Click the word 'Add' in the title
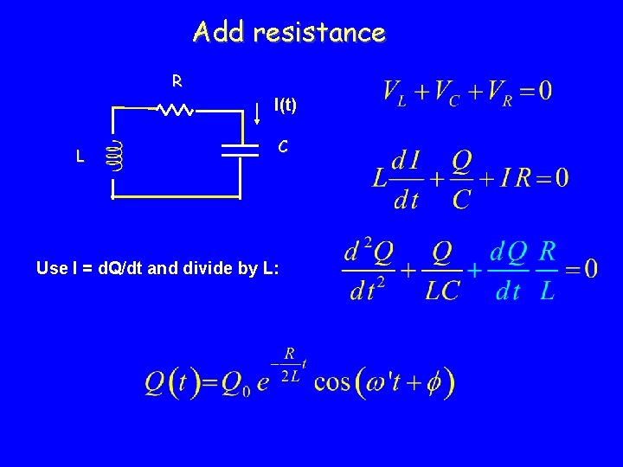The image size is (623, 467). (x=213, y=33)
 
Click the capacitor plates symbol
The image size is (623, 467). (x=240, y=150)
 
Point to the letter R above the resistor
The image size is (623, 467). (x=177, y=81)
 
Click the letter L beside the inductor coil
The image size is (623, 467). (x=80, y=157)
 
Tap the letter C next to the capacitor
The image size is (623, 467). (x=282, y=147)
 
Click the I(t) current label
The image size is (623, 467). (x=285, y=106)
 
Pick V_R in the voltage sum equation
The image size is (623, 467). (x=498, y=91)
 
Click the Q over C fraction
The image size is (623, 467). (x=462, y=180)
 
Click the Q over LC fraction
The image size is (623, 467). (x=442, y=271)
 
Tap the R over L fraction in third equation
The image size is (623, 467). (x=547, y=271)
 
